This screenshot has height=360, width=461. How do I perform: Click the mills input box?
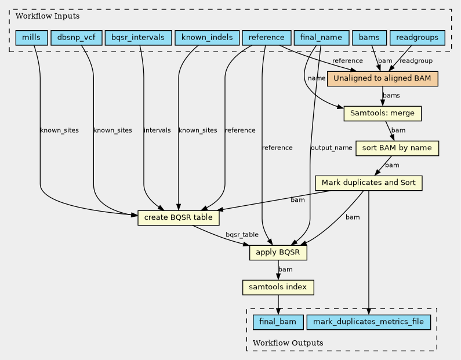(31, 38)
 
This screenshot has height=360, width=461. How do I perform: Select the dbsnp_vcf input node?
(77, 38)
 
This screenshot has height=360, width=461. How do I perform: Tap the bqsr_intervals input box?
(138, 38)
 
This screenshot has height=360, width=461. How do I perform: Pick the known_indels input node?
(207, 38)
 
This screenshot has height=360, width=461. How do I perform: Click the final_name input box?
(321, 38)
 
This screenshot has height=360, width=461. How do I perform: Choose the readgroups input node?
(417, 38)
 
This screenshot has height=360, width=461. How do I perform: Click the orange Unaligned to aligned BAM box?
(383, 79)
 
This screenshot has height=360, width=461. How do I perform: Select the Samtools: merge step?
(383, 114)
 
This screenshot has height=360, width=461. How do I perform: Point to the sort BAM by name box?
(397, 148)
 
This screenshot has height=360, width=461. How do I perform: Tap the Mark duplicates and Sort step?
(369, 183)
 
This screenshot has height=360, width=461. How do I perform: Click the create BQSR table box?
(179, 218)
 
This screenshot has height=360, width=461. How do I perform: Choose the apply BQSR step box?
(278, 252)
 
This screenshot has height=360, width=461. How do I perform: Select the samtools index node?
(278, 287)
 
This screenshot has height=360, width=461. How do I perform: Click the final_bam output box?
(278, 322)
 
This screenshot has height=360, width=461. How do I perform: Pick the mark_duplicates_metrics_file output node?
(369, 322)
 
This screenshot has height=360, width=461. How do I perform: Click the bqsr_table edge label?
(242, 235)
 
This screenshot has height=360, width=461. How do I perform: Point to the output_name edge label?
(332, 148)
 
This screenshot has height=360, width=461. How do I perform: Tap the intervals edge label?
(157, 130)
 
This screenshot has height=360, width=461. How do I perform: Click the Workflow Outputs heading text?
(288, 343)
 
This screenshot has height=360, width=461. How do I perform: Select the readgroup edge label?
(416, 61)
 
